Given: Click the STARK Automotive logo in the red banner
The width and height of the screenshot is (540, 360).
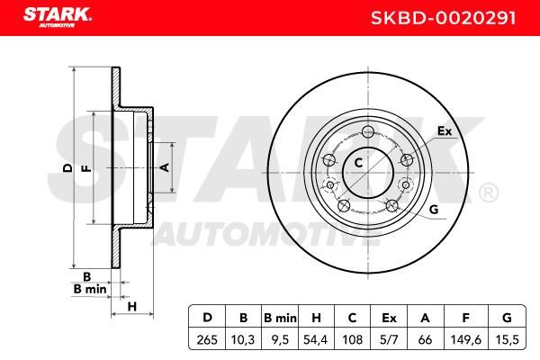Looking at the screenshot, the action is tap(58, 17).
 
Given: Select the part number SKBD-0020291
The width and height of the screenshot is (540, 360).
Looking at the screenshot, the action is tap(443, 18).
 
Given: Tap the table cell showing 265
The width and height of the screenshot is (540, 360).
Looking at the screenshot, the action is tap(207, 340).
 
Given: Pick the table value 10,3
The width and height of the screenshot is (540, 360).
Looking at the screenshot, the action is tap(243, 340).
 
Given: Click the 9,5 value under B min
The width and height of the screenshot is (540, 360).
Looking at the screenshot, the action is tap(280, 340).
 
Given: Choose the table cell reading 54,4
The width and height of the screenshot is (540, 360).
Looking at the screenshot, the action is tap(316, 340).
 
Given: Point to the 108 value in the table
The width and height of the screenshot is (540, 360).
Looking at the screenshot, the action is tap(353, 340).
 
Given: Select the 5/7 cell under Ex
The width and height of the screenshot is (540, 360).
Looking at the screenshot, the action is tap(389, 340).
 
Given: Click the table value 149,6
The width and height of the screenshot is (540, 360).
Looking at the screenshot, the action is tap(466, 340).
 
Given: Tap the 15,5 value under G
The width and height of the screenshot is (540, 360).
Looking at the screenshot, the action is tap(508, 340).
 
